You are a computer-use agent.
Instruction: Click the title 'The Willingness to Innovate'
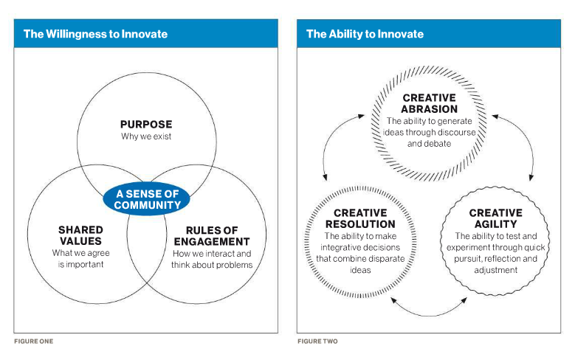point(95,34)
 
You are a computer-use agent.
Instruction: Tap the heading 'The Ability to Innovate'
point(365,34)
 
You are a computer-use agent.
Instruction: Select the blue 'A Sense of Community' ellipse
point(147,199)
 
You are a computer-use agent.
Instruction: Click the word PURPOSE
point(146,124)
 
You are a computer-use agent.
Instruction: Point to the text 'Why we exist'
point(146,136)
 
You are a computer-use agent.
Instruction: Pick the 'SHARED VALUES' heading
point(80,235)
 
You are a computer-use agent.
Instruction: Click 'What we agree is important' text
point(80,258)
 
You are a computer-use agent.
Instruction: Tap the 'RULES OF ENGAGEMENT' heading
point(212,236)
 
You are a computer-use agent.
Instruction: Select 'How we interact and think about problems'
point(212,259)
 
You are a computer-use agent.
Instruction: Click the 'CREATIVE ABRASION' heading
point(429,103)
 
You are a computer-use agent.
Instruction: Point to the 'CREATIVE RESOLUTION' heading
point(360,218)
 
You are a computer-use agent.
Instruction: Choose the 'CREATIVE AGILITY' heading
point(496,218)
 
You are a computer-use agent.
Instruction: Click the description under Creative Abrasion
point(429,132)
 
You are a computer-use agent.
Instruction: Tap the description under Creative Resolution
point(360,253)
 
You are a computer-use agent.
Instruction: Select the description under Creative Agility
point(496,253)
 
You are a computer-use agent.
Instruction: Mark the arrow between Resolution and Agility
point(429,315)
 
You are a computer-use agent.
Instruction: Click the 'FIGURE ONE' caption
point(34,342)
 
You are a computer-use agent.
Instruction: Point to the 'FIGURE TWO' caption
point(317,342)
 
